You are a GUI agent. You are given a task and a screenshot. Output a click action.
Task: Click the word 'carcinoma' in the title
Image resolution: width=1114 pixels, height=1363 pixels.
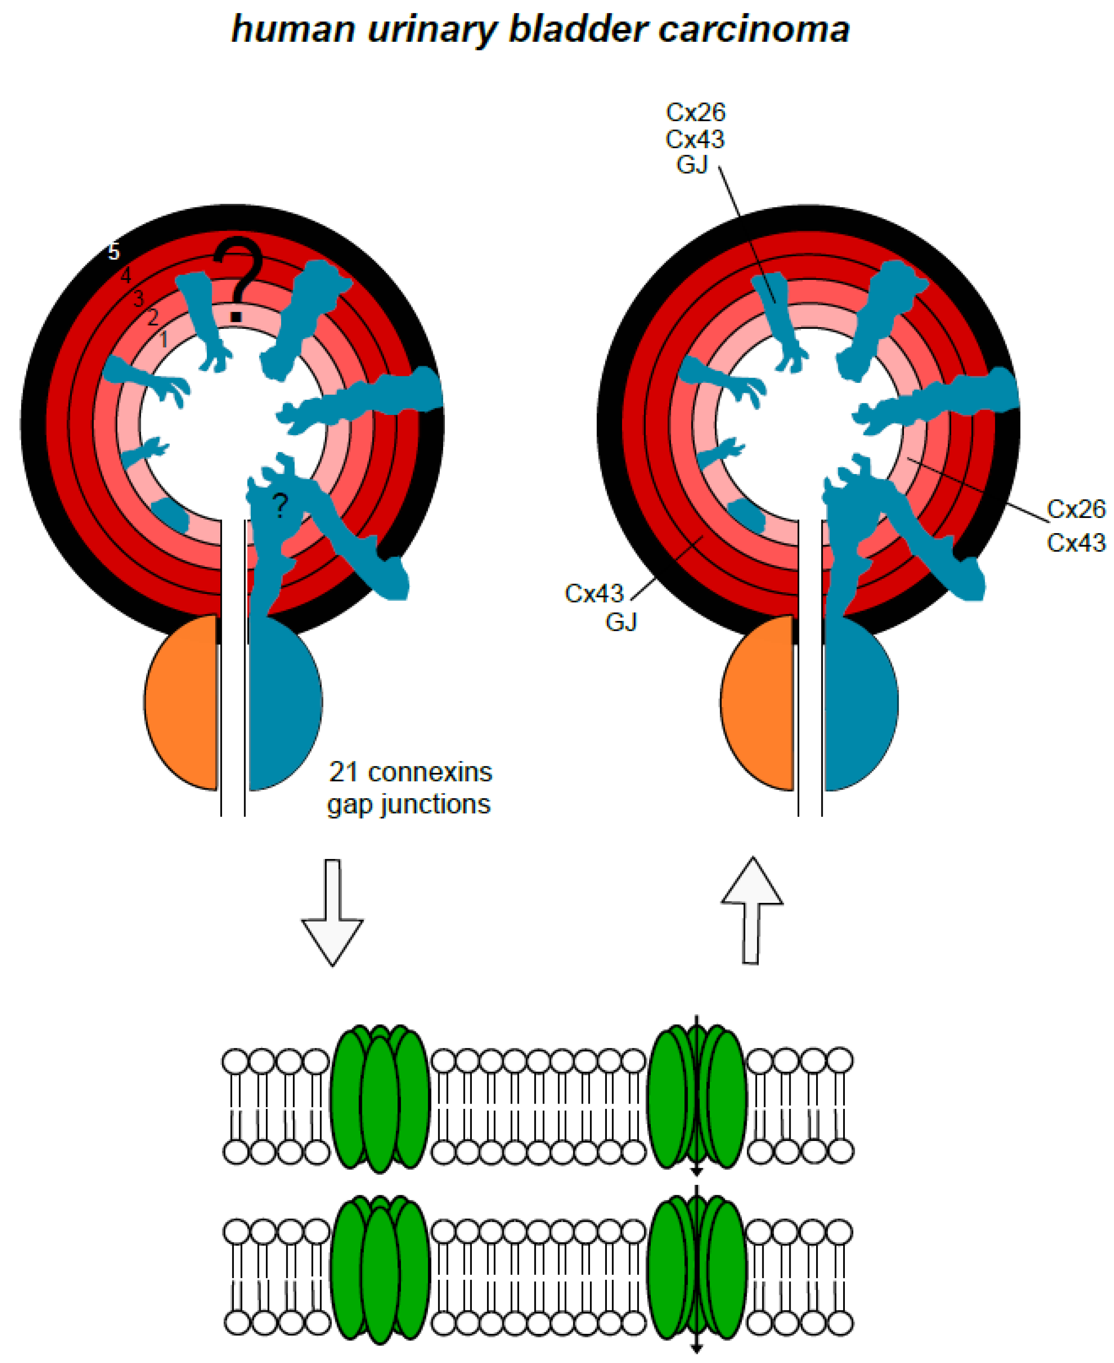[754, 30]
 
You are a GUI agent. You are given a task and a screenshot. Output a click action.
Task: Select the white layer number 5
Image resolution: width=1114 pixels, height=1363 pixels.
[114, 252]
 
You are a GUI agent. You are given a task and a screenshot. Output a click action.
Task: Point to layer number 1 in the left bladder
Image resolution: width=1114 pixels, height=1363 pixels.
[164, 339]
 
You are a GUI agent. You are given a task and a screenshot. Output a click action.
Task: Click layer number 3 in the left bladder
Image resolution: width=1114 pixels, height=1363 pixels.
[139, 298]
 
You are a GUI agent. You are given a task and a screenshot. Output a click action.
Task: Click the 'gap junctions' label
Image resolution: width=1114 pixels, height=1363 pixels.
[409, 804]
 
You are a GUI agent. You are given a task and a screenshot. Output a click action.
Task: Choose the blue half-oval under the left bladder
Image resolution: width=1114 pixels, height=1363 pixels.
[282, 703]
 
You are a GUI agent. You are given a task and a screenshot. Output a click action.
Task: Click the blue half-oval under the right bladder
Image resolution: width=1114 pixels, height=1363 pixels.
[859, 703]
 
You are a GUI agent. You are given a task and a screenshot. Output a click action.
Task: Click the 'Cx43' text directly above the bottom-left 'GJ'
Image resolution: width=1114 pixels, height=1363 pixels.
[594, 593]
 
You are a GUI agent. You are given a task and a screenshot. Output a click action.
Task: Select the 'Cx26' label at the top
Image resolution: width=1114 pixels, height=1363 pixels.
[695, 112]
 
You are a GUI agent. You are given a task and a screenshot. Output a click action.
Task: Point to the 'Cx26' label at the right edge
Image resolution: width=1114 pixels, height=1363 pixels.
[1076, 509]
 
